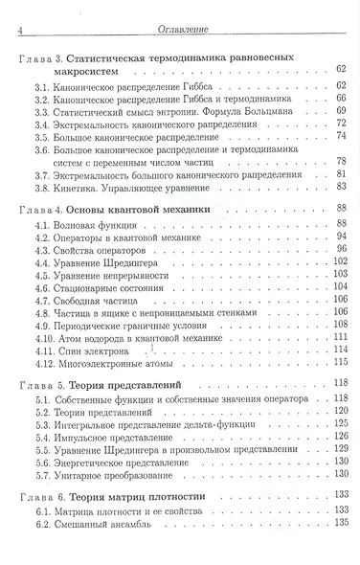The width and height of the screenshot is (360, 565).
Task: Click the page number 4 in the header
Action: [x=21, y=32]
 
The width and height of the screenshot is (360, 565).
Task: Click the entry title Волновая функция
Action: [x=101, y=222]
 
